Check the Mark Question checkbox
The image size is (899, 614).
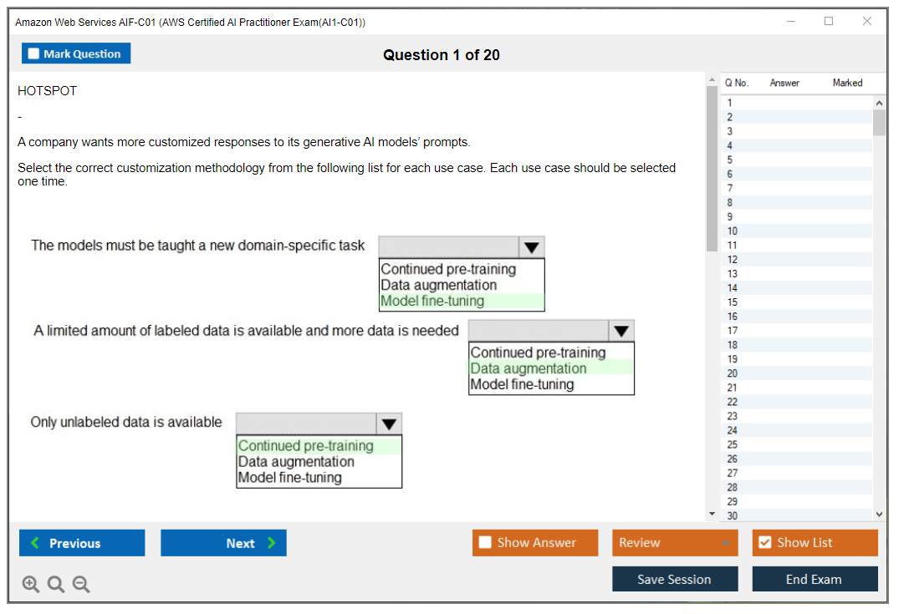(x=34, y=54)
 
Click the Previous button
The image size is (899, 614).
(x=82, y=543)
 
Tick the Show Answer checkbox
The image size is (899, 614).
(x=485, y=543)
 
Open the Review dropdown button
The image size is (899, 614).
(x=674, y=543)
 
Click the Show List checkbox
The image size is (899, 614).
(x=764, y=543)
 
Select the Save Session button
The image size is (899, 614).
(x=674, y=579)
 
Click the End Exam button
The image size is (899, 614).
(x=814, y=579)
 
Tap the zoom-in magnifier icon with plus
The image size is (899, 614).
(x=31, y=585)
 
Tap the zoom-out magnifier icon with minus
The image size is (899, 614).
(x=81, y=585)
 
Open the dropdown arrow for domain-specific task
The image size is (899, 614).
(x=531, y=247)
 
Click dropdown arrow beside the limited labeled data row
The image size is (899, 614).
(x=621, y=331)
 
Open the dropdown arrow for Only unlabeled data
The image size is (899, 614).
(x=389, y=424)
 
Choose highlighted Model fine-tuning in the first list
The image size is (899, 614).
(x=432, y=302)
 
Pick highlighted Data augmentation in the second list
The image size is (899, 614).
(x=528, y=368)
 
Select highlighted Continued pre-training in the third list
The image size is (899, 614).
(x=305, y=446)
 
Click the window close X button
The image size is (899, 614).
(x=867, y=22)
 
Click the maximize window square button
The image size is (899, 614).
(x=829, y=22)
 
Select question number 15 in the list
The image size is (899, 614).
(x=733, y=302)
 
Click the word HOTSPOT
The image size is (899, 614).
(x=47, y=91)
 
